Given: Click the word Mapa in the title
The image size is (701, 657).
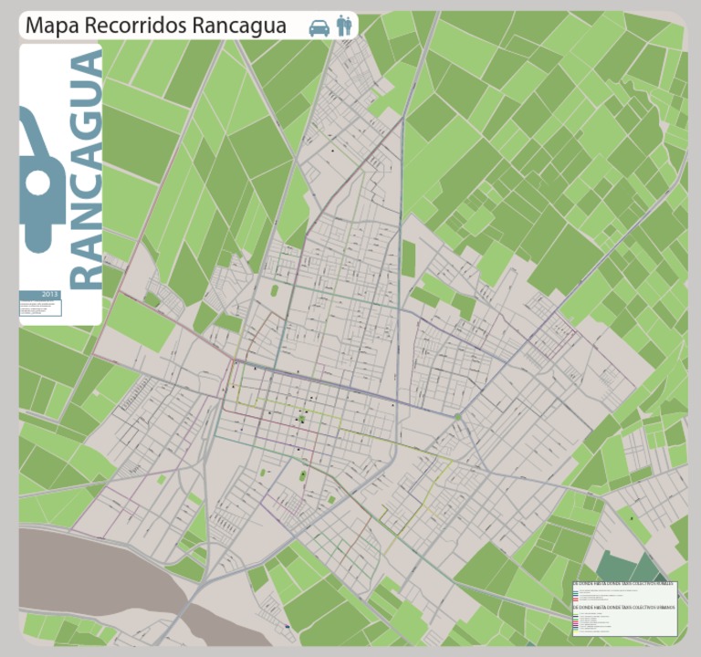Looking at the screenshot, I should tap(51, 26).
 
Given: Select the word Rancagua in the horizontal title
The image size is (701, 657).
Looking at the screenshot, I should tap(238, 26).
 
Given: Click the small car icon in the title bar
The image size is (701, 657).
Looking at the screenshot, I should tap(319, 26).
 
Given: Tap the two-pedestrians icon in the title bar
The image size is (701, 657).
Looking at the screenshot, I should tap(343, 26).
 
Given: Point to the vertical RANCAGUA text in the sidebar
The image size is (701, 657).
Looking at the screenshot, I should tap(86, 170).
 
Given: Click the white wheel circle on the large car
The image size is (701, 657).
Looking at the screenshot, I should tap(37, 182).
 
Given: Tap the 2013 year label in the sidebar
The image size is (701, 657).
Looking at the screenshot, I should tap(49, 295).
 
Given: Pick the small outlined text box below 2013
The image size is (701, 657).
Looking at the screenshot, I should tap(41, 308).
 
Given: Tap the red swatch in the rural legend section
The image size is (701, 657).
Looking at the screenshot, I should tap(576, 599).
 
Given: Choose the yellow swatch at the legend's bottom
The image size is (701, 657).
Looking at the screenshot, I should tap(576, 631).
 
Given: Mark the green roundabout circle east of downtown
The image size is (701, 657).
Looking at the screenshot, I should tap(459, 417).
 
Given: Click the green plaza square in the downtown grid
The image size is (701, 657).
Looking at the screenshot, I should tap(301, 419).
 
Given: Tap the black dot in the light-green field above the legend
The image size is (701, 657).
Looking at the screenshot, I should tap(631, 517).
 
